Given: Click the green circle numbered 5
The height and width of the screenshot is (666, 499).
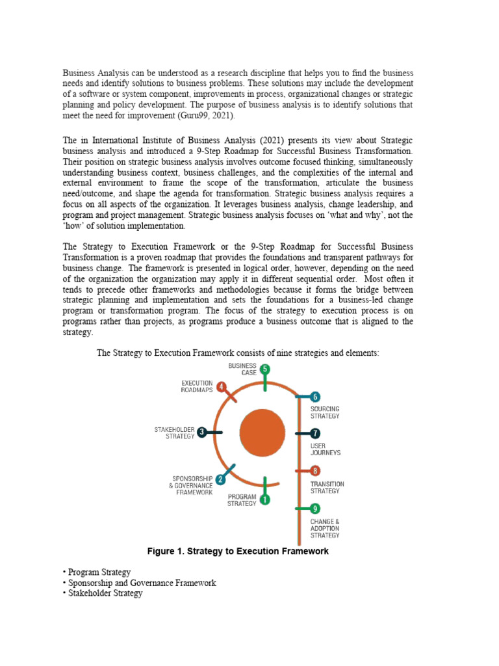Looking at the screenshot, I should click(x=264, y=369).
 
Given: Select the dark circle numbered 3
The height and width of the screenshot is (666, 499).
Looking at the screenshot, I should click(x=202, y=432).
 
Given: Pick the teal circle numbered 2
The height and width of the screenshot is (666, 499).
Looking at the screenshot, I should click(x=220, y=479).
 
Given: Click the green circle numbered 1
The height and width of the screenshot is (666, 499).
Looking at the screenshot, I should click(x=264, y=499).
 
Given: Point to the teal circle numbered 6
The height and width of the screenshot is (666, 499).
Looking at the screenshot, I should click(x=315, y=396).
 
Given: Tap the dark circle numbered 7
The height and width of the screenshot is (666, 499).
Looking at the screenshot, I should click(x=315, y=433).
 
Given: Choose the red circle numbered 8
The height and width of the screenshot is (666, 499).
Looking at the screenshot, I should click(x=315, y=470).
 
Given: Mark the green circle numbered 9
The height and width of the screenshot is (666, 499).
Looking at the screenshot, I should click(x=315, y=509).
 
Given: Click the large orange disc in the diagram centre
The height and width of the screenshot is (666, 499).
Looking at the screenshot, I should click(x=262, y=433).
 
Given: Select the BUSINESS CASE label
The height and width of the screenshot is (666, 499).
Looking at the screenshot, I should click(x=242, y=369).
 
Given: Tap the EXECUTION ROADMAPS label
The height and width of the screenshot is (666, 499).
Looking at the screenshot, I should click(x=197, y=386).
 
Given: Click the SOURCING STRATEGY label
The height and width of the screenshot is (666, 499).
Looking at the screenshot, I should click(x=325, y=412).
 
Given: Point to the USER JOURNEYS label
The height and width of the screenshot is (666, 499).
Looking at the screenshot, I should click(x=326, y=449).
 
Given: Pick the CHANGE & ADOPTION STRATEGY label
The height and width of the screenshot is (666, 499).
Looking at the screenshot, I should click(x=325, y=528).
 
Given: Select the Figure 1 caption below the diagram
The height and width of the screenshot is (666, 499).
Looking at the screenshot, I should click(x=238, y=552).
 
